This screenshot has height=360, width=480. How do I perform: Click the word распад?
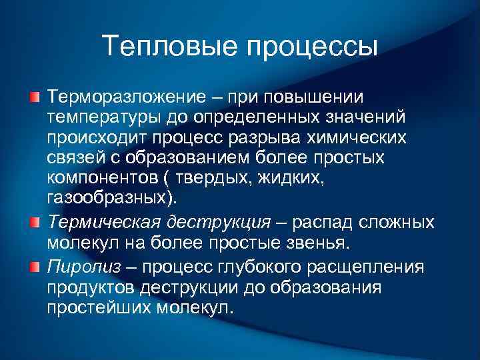(x=324, y=222)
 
